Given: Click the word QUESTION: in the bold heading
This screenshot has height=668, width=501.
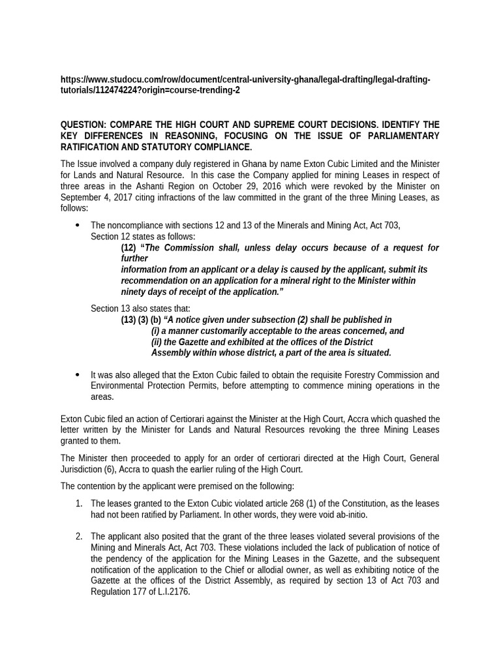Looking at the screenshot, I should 83,125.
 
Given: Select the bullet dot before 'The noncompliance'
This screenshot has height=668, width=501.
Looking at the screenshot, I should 78,225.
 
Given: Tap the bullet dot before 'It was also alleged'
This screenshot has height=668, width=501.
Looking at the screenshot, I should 78,375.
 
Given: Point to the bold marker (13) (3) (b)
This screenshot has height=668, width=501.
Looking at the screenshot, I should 141,320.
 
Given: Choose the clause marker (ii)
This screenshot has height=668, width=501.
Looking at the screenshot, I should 157,342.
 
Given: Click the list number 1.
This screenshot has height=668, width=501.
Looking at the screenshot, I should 78,504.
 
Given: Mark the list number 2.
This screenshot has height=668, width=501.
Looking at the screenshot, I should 78,536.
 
